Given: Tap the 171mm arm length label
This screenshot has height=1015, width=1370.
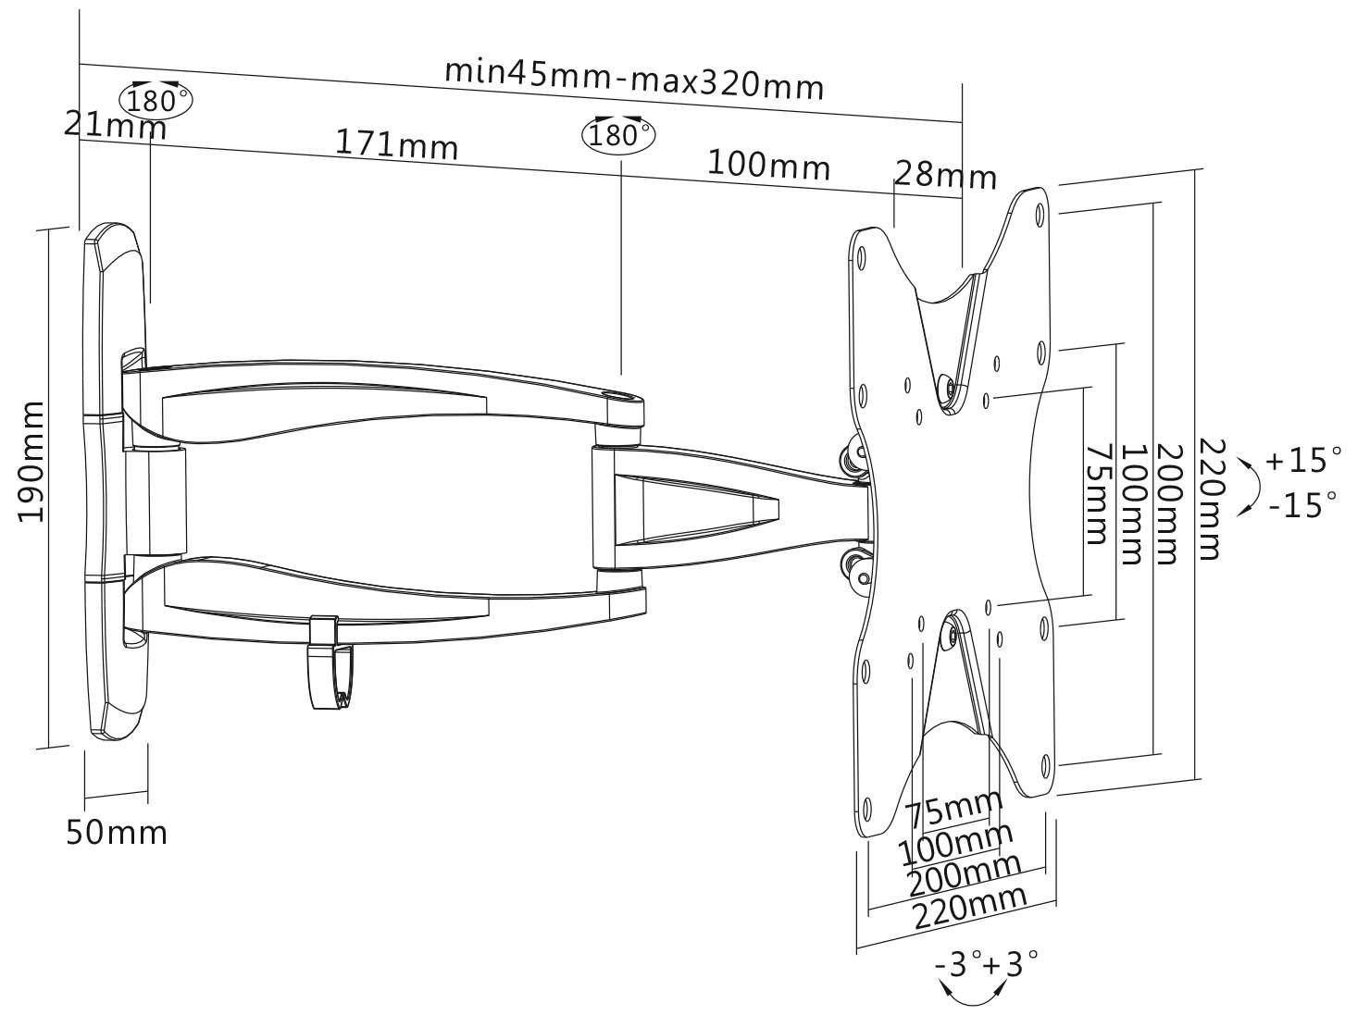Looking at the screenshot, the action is [396, 145].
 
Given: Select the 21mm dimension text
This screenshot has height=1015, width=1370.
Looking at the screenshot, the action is [116, 127].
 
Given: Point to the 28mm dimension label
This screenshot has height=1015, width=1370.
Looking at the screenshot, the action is [945, 176].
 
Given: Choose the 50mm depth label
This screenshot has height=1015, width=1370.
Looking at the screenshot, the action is [117, 833].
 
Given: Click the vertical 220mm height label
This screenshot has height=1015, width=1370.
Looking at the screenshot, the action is [1211, 500].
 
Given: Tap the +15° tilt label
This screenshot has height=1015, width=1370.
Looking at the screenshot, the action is [1303, 460].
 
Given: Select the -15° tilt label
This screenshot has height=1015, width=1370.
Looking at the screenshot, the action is [1303, 505].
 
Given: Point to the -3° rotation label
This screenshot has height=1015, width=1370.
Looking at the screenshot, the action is [959, 963].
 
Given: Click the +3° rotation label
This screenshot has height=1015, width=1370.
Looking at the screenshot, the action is [1011, 963].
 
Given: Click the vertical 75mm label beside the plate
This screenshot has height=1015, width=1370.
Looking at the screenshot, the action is [1097, 494].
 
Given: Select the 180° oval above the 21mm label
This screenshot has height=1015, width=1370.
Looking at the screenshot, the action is [156, 99].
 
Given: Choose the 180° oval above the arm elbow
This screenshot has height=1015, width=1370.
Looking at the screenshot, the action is [618, 134].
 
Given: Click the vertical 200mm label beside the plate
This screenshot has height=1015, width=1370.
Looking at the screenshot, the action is [1167, 503].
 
